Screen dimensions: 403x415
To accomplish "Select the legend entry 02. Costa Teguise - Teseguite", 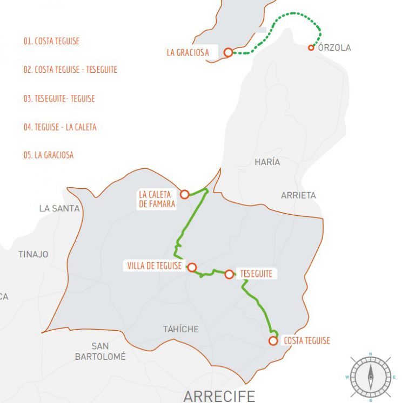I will point(70,70).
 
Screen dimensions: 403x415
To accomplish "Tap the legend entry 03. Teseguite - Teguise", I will point(59,99).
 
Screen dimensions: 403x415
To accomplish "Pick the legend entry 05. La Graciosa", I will point(48,155).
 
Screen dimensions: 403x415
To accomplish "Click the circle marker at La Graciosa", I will point(228,52).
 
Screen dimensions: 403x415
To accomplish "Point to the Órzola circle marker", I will point(311,47).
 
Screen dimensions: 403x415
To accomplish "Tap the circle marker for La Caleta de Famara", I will point(184,194).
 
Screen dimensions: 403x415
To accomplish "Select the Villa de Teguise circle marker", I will point(191,267).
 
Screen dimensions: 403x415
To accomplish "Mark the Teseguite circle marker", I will point(229,274).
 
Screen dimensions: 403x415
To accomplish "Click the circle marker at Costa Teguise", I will point(273,340).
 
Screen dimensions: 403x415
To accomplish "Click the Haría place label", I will point(267,162).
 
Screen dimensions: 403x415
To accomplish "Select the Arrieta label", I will point(298,195).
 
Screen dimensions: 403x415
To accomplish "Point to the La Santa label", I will point(59,208).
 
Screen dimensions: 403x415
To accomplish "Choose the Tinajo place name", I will point(33,254).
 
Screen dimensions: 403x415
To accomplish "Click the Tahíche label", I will point(181,329).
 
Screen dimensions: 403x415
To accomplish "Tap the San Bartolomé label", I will point(101,351).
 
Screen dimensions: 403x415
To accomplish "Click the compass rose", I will point(371,377).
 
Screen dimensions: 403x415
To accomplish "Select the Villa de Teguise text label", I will point(154,265).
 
